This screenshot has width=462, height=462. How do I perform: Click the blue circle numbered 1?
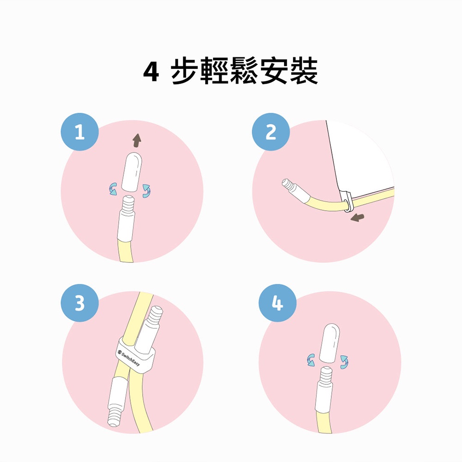79,132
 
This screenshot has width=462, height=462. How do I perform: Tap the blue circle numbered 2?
271,132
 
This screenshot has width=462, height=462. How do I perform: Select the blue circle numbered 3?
79,303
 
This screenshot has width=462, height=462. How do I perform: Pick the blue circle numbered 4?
277,303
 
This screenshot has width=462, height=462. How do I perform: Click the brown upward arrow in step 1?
137,140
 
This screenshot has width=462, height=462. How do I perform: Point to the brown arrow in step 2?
358,218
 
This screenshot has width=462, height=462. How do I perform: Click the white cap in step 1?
132,172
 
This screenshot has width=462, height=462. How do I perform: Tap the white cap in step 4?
329,343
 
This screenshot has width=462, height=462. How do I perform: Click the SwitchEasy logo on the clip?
129,359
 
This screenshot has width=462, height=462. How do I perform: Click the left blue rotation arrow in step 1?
113,189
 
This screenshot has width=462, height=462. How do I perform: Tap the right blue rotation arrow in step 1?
146,191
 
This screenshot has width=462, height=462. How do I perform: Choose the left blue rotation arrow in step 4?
310,360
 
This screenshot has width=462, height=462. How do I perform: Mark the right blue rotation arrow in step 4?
344,362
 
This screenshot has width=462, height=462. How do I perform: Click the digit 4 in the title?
151,72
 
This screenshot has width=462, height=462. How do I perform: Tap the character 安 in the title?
274,71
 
